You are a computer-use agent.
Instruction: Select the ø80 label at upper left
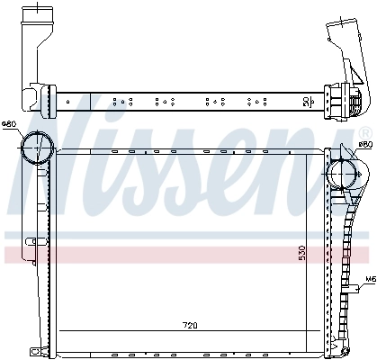click(9, 124)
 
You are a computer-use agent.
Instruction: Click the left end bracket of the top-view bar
click(33, 96)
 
